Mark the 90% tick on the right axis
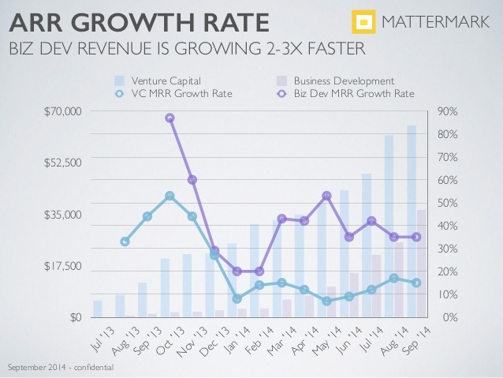pos(446,112)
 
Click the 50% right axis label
pos(446,204)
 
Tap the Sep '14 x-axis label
pos(414,339)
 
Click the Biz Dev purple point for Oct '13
pos(170,118)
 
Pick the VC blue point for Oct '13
pos(170,196)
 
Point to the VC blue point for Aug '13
pos(125,241)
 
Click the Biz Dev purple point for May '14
pos(326,196)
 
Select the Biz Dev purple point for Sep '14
pos(416,237)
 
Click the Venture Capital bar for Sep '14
pos(412,221)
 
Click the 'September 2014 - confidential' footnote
pos(60,368)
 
